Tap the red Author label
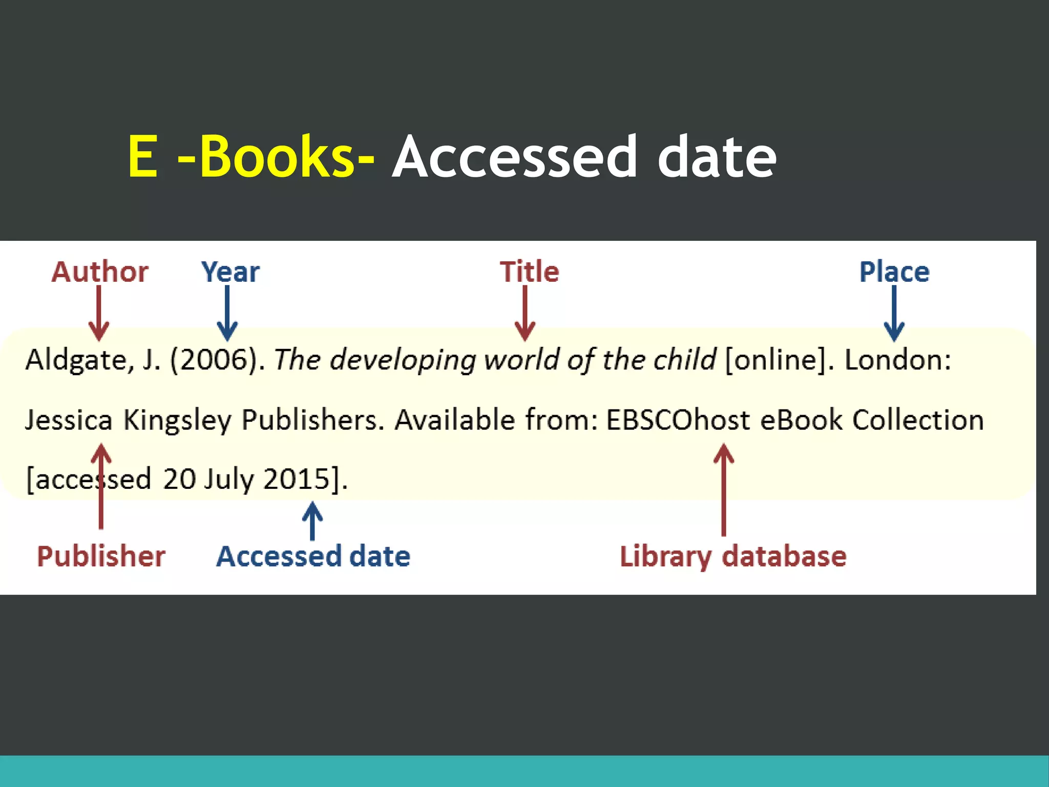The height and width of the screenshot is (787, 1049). pos(100,272)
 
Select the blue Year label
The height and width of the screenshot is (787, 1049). pos(230,272)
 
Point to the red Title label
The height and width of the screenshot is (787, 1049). pos(529,272)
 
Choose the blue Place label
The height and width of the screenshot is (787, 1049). pos(894,272)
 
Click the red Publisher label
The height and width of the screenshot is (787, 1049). pos(101,556)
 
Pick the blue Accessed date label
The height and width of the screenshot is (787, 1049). pos(313,556)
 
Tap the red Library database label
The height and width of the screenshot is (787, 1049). pos(733,556)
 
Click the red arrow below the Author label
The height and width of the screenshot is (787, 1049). pos(99,313)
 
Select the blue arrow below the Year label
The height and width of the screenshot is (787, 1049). pos(227,313)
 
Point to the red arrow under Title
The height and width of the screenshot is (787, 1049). pos(525,313)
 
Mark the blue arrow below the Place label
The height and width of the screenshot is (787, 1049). pos(894,313)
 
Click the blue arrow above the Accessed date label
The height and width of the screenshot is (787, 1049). pos(312,520)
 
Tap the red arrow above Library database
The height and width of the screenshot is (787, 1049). pos(723,489)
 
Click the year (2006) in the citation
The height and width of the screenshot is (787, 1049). pos(217,360)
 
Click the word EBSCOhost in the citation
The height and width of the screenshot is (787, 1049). pos(678,420)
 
